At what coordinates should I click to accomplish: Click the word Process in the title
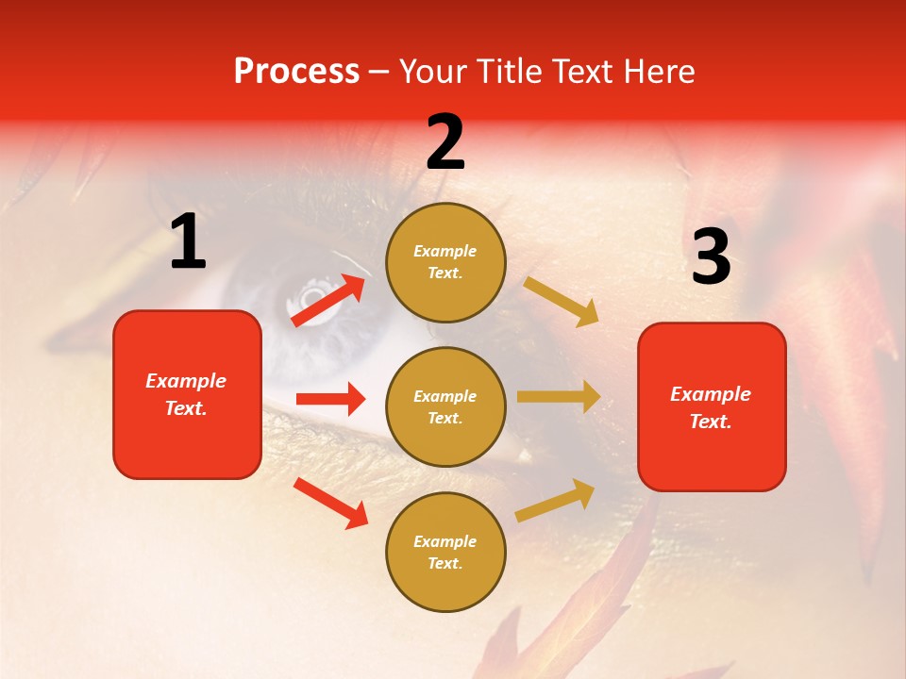(296, 72)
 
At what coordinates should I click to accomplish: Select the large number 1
(188, 242)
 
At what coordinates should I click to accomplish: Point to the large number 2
(445, 142)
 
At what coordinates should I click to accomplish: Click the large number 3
(711, 257)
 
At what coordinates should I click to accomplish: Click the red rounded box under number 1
(187, 394)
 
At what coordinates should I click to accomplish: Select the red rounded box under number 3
(712, 406)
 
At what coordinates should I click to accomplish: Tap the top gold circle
(445, 262)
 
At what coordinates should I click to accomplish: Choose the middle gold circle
(445, 406)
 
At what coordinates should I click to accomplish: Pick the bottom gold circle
(445, 552)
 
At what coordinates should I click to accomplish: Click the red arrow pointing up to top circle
(328, 300)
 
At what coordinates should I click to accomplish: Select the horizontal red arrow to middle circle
(330, 399)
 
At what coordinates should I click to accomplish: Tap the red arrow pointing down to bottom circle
(330, 503)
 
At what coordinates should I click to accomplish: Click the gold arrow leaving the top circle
(562, 302)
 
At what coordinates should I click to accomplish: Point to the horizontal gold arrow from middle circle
(559, 397)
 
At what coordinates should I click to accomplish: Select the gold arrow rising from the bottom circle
(556, 500)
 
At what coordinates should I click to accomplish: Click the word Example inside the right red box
(711, 394)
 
